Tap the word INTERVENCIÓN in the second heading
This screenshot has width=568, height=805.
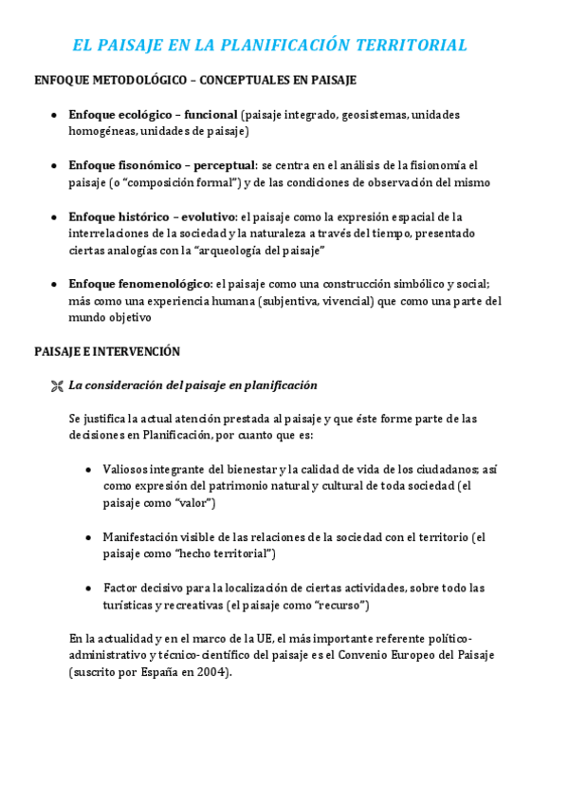click(x=139, y=351)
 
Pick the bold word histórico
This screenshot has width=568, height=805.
click(x=144, y=216)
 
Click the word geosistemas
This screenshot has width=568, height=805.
click(x=374, y=115)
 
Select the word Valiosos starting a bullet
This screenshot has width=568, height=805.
click(x=129, y=469)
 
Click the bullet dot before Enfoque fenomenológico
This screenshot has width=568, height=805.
click(x=55, y=285)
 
